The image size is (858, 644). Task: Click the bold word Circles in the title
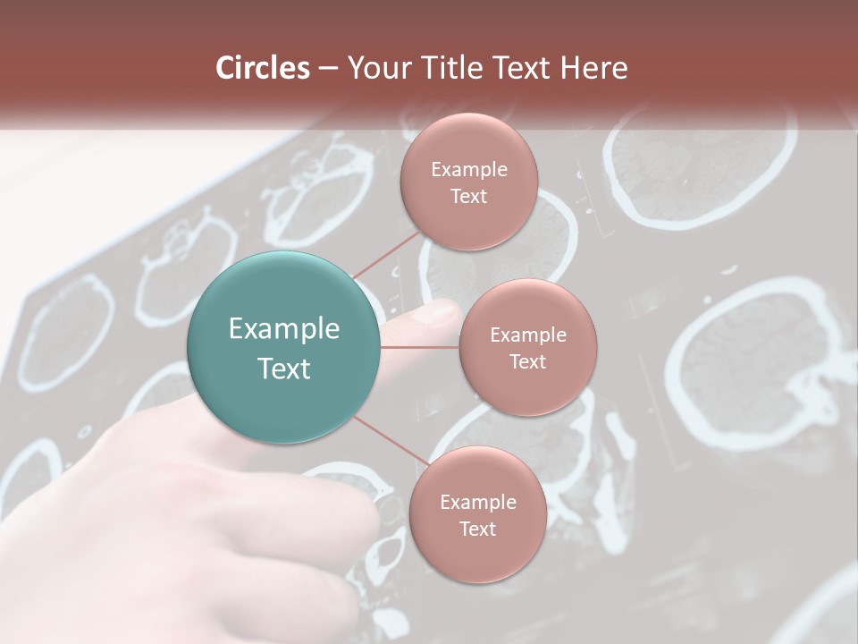(263, 68)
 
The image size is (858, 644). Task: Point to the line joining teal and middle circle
(420, 347)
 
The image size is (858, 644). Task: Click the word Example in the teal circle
(284, 329)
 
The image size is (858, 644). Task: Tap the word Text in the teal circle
(284, 369)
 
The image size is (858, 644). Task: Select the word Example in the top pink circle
(468, 170)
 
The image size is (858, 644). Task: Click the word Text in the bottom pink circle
(477, 530)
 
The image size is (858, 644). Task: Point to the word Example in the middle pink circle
(527, 335)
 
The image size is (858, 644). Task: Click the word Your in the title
(375, 68)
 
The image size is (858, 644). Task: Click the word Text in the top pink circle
(468, 197)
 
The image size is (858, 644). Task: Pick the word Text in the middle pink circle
(527, 362)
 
